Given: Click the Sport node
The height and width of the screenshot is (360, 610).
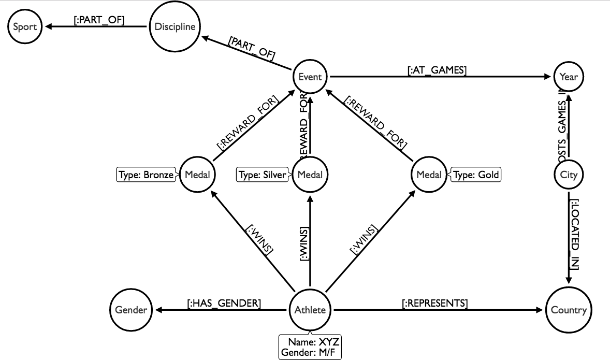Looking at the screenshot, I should pos(25,26).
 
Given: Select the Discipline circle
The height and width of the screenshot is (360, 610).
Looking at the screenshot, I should pos(175,26).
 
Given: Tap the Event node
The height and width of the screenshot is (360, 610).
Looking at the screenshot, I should pos(310,77).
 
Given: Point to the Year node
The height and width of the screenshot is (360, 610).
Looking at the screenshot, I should pos(569,77).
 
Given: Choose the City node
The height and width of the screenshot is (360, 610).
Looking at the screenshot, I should pos(569,175).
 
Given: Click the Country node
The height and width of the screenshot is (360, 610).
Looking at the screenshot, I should pos(569,310).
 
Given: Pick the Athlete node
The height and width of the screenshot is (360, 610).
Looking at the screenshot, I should pos(310,310).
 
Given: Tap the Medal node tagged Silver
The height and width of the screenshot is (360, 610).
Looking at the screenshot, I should pos(310,175).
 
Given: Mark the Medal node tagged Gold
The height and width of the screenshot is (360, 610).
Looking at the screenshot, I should pos(429,175).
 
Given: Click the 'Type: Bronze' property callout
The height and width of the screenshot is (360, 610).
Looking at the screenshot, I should pos(146,175).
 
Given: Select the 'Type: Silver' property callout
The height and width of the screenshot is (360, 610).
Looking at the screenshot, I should pos(262,175).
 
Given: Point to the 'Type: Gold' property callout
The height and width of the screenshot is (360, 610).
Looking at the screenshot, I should pos(476,175).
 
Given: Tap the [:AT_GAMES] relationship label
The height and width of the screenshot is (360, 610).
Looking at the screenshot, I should pos(437,71).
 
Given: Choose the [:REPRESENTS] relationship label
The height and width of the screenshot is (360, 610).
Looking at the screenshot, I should pos(435,304).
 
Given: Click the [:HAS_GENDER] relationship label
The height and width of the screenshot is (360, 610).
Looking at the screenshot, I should pos(224,304).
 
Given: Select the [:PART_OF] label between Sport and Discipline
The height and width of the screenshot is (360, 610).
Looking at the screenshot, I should pos(99,20).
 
